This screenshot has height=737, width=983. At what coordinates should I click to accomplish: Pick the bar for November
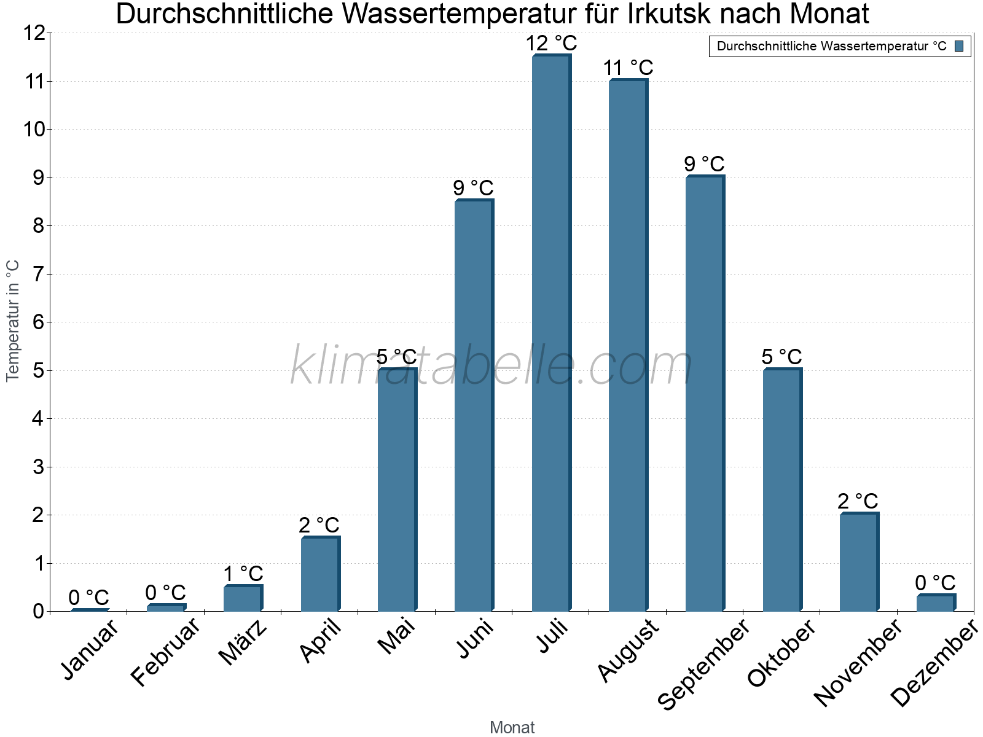[859, 562]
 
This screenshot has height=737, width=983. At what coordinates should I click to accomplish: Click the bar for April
[320, 574]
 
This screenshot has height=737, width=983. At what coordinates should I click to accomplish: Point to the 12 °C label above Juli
[551, 44]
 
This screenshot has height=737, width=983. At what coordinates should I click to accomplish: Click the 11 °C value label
[628, 68]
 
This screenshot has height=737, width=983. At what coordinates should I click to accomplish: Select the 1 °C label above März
[243, 574]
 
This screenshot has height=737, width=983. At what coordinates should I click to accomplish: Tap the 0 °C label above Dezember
[935, 582]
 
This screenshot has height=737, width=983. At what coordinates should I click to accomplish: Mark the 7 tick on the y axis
[38, 274]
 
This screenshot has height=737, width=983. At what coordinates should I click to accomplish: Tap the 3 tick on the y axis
[38, 467]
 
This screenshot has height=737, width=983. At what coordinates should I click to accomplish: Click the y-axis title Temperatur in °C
[13, 321]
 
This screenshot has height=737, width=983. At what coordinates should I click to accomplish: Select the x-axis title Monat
[512, 727]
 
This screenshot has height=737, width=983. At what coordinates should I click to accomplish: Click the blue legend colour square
[960, 46]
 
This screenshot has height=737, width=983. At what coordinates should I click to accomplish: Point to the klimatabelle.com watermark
[491, 366]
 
